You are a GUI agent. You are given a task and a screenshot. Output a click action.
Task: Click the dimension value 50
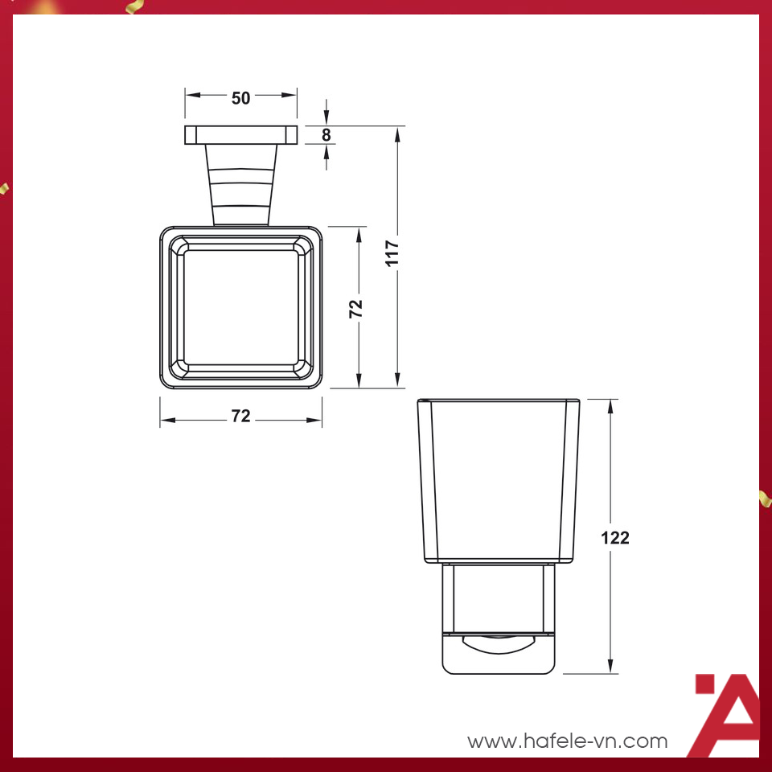click(x=241, y=98)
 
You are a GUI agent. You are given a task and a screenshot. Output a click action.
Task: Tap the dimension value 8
click(x=326, y=135)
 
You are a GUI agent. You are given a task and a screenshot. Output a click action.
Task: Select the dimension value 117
click(x=392, y=253)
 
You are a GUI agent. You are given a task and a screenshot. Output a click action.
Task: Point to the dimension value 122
click(x=615, y=538)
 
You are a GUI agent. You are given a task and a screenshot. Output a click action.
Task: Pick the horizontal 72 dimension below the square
click(x=241, y=416)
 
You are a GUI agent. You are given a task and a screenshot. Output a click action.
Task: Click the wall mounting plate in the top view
click(x=241, y=134)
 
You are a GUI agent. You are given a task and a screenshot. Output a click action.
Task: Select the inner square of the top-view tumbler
click(x=241, y=307)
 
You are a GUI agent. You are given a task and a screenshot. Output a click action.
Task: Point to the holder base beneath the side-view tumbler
click(x=499, y=619)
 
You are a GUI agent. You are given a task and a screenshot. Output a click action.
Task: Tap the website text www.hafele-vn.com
click(x=568, y=741)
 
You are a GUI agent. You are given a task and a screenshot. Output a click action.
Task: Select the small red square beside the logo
click(x=704, y=684)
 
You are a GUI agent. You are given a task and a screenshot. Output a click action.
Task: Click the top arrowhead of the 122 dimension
click(x=612, y=405)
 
